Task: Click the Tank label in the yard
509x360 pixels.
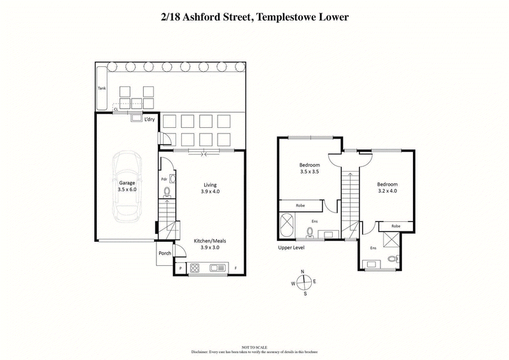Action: (102, 88)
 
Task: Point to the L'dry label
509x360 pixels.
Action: (150, 120)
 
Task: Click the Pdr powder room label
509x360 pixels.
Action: (164, 179)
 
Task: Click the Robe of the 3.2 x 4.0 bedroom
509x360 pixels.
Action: (396, 226)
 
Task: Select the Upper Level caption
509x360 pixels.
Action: (291, 247)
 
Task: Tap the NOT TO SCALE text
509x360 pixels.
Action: (254, 347)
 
